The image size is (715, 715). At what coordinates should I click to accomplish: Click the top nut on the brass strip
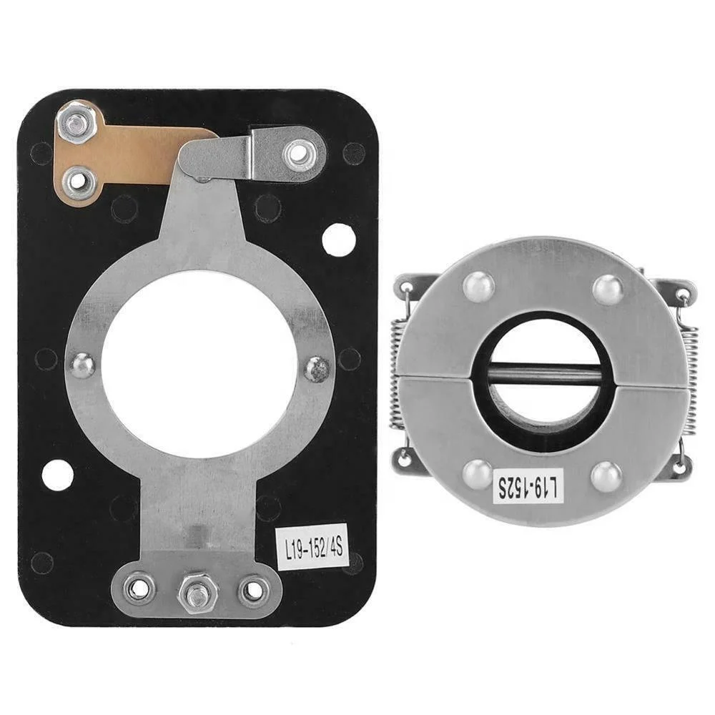[x=77, y=124]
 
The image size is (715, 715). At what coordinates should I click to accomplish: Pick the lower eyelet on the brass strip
[x=78, y=181]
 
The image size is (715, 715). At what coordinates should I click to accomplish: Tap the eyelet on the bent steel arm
[x=295, y=152]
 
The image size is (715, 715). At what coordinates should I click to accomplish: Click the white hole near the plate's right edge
[x=338, y=240]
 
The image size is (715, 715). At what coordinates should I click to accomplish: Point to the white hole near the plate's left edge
[x=57, y=475]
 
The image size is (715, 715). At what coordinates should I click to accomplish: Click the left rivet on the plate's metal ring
[x=83, y=365]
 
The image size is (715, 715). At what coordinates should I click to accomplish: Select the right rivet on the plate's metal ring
[x=317, y=368]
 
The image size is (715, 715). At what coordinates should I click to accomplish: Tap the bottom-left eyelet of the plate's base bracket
[x=138, y=589]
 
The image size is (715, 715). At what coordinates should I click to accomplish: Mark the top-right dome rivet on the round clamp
[x=608, y=290]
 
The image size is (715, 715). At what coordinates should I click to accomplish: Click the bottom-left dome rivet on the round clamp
[x=478, y=473]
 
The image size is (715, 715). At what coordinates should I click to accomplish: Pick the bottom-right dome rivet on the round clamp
[x=606, y=476]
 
